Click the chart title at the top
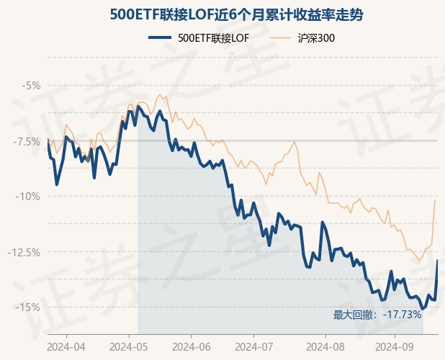point(223,14)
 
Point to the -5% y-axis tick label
point(31,86)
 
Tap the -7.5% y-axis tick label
point(27,141)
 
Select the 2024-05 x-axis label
point(129,346)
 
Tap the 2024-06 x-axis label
point(191,346)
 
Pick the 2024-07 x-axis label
point(254,346)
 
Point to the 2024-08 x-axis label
point(325,346)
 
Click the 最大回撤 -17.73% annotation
point(377,315)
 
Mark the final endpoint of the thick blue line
point(438,260)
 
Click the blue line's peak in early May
point(138,106)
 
